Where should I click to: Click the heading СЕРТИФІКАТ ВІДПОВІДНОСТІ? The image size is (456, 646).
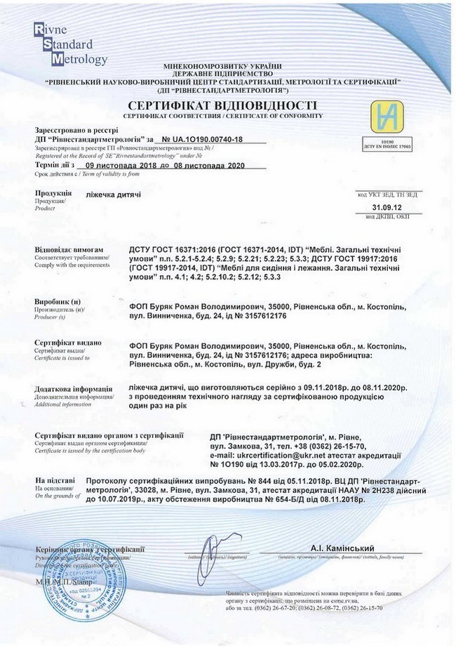(222, 103)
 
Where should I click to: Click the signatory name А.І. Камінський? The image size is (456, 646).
(342, 547)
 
